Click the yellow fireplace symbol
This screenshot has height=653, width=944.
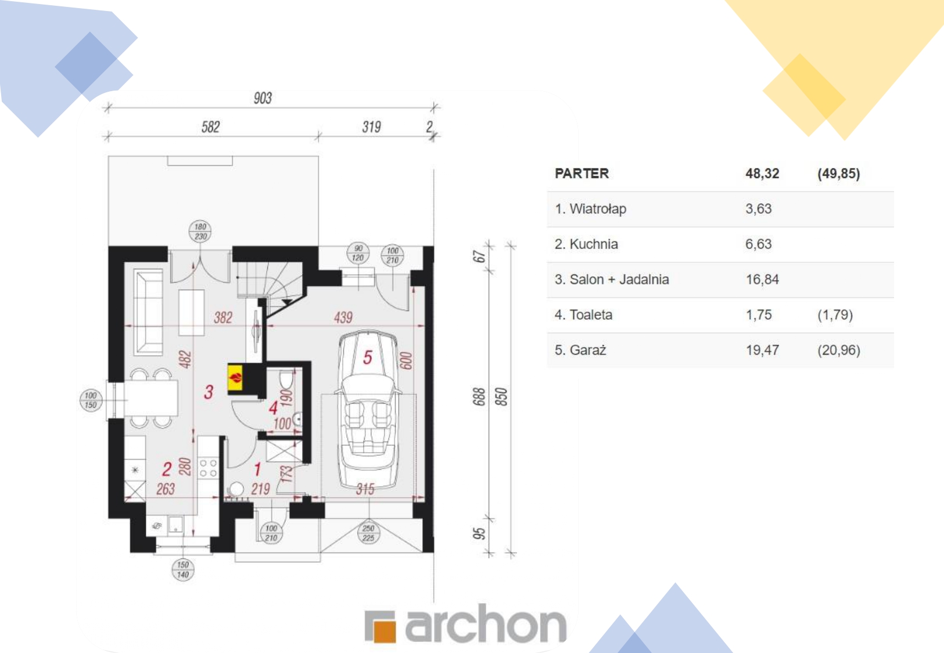[235, 378]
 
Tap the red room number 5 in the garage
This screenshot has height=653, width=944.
[368, 358]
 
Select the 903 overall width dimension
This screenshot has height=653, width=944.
[263, 98]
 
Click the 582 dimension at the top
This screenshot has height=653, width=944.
[210, 127]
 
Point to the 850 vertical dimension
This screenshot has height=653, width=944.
[501, 396]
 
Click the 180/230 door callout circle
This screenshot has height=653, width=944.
[200, 232]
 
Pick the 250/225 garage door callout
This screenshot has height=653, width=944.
[368, 533]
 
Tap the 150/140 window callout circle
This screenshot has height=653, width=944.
[183, 570]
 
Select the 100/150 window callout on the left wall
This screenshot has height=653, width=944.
[91, 400]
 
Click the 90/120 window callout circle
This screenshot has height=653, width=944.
[358, 253]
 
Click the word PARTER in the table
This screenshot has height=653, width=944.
[582, 174]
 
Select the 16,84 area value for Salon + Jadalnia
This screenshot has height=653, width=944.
[762, 280]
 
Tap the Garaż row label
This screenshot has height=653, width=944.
[580, 350]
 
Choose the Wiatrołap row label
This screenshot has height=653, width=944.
[590, 209]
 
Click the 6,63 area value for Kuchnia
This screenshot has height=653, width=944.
[758, 244]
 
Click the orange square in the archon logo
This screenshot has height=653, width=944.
[383, 632]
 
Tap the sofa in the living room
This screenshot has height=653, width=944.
[148, 312]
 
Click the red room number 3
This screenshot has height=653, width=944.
[209, 392]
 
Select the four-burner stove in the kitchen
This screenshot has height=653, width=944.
[208, 468]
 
